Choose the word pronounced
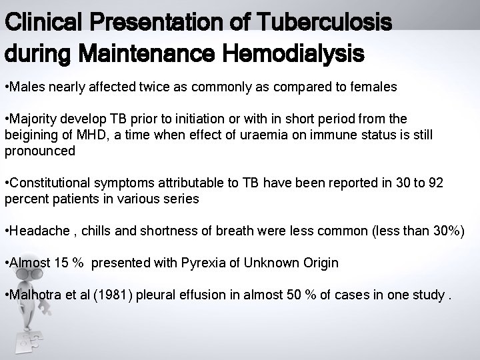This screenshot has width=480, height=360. click(40, 151)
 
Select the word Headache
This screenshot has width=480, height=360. click(37, 231)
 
